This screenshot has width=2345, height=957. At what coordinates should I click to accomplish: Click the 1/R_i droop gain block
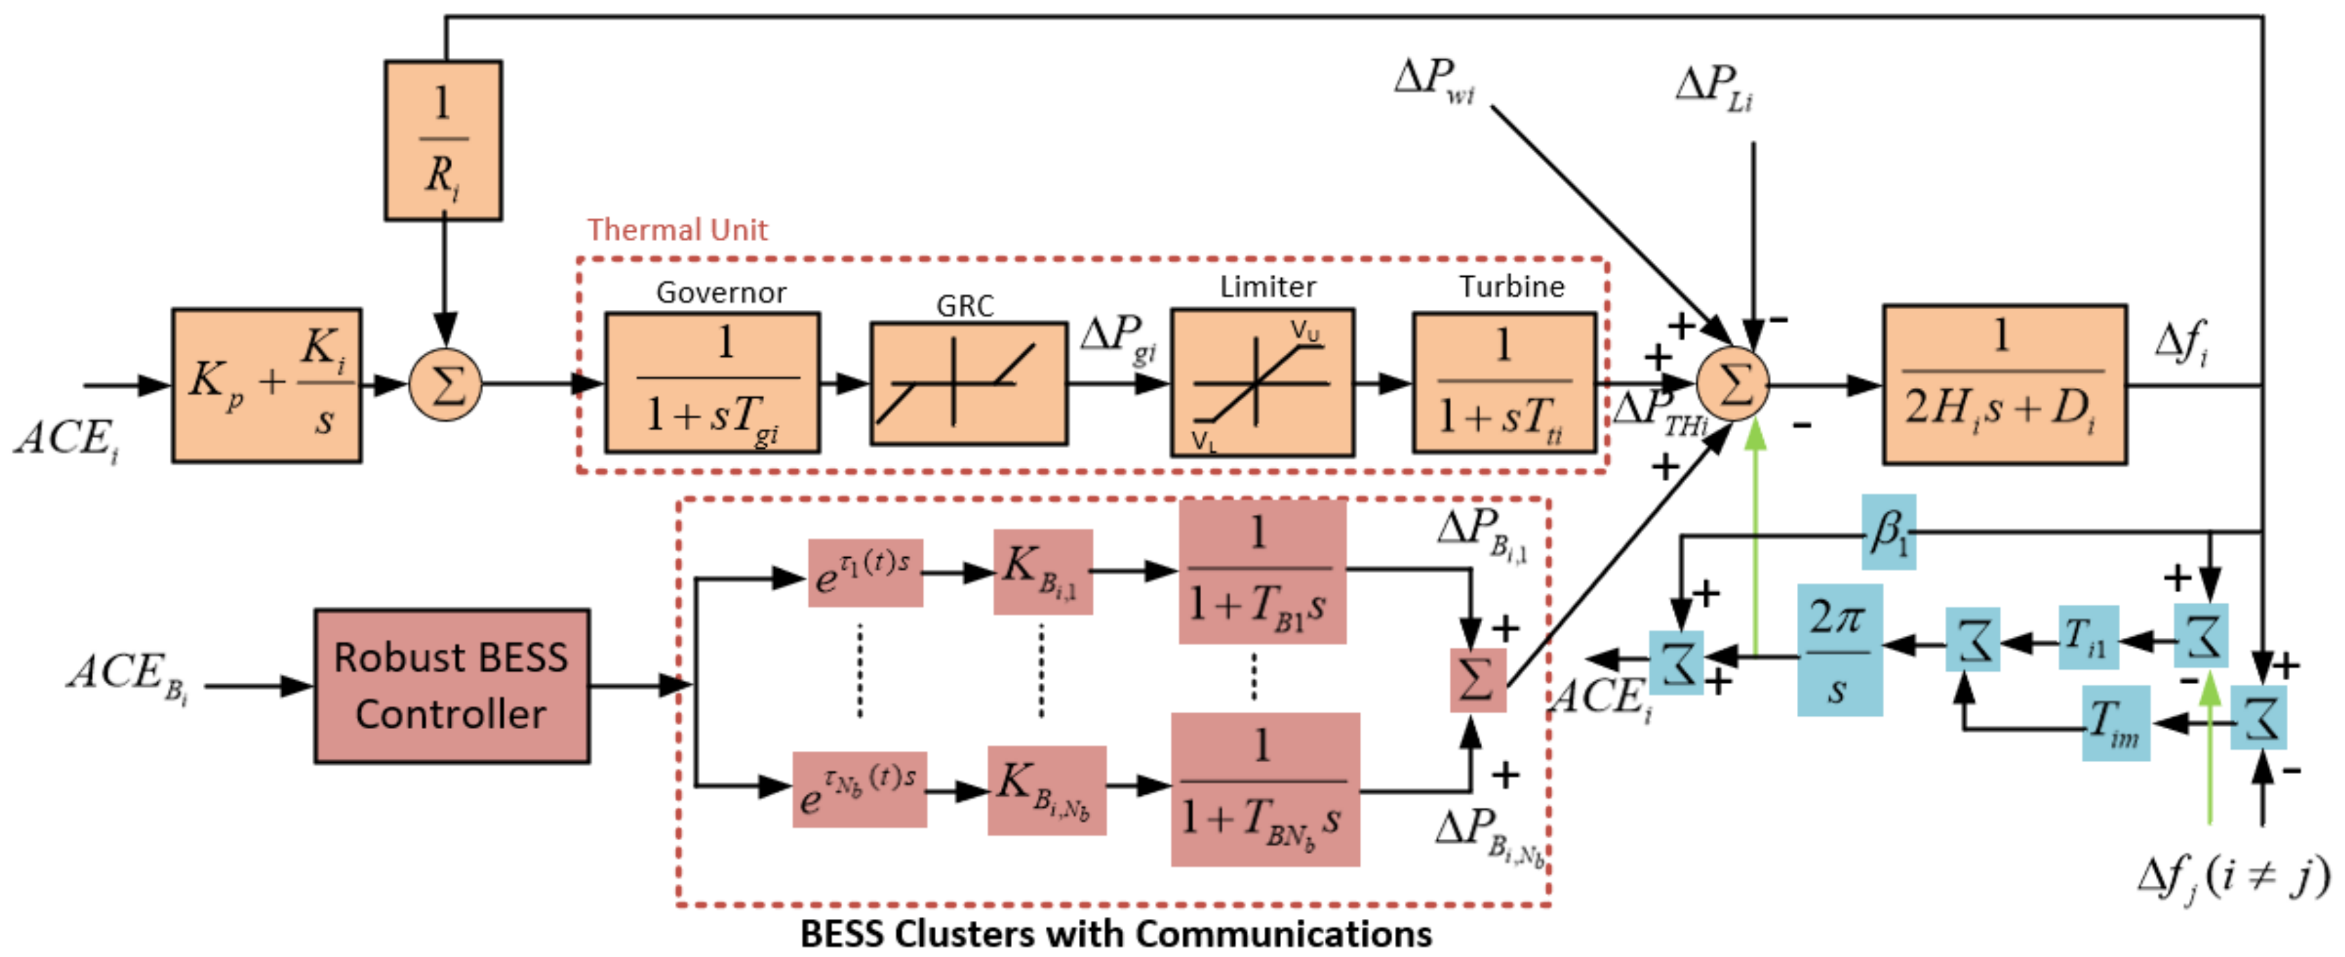(443, 140)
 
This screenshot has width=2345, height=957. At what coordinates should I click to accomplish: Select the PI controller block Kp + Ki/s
(267, 385)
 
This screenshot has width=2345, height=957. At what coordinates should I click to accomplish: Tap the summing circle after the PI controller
(445, 385)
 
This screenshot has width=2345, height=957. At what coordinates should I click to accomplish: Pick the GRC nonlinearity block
(968, 384)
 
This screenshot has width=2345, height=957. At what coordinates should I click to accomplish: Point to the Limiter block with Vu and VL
(1262, 382)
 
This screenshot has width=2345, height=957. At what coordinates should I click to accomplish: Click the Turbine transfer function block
(1504, 382)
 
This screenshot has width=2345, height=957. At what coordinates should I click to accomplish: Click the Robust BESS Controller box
(451, 686)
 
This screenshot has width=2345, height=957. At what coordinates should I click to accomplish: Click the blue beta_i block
(1888, 532)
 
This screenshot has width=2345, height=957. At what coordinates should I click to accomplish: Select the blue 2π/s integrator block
(1839, 649)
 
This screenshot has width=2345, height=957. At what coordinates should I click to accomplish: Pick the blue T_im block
(2116, 723)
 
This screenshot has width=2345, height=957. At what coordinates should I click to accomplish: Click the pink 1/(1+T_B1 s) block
(1262, 572)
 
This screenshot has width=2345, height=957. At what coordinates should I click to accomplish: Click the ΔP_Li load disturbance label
(1714, 88)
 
